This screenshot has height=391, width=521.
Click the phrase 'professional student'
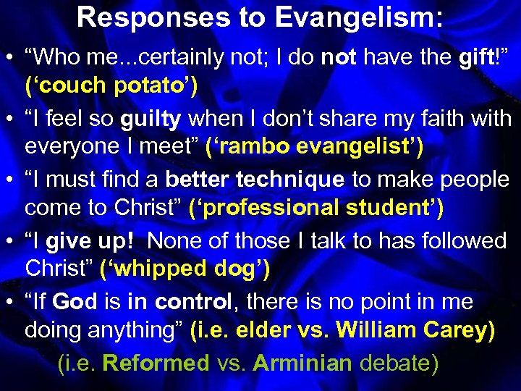click(x=316, y=209)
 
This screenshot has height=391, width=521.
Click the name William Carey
click(x=415, y=331)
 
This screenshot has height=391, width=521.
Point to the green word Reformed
click(x=156, y=362)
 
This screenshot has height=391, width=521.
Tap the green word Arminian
click(x=297, y=362)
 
